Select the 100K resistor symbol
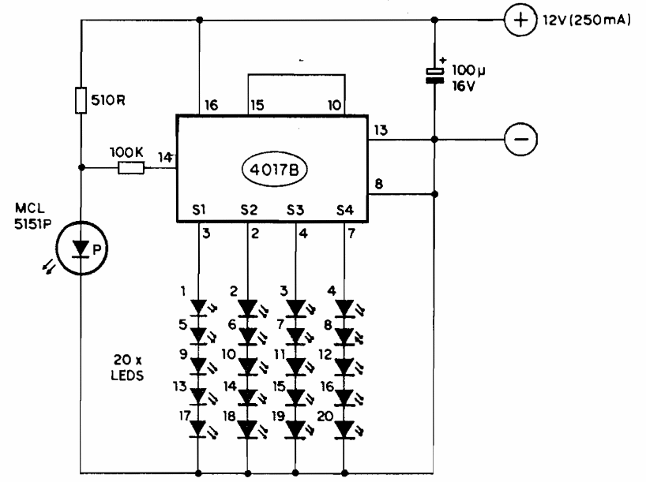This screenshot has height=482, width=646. tap(131, 167)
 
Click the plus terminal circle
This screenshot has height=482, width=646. tap(518, 21)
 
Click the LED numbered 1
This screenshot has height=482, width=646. tap(199, 306)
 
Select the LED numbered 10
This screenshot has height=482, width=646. tap(248, 368)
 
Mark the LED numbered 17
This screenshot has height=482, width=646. tap(199, 428)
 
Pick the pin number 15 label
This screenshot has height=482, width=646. tap(256, 105)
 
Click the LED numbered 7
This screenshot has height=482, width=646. tap(297, 337)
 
